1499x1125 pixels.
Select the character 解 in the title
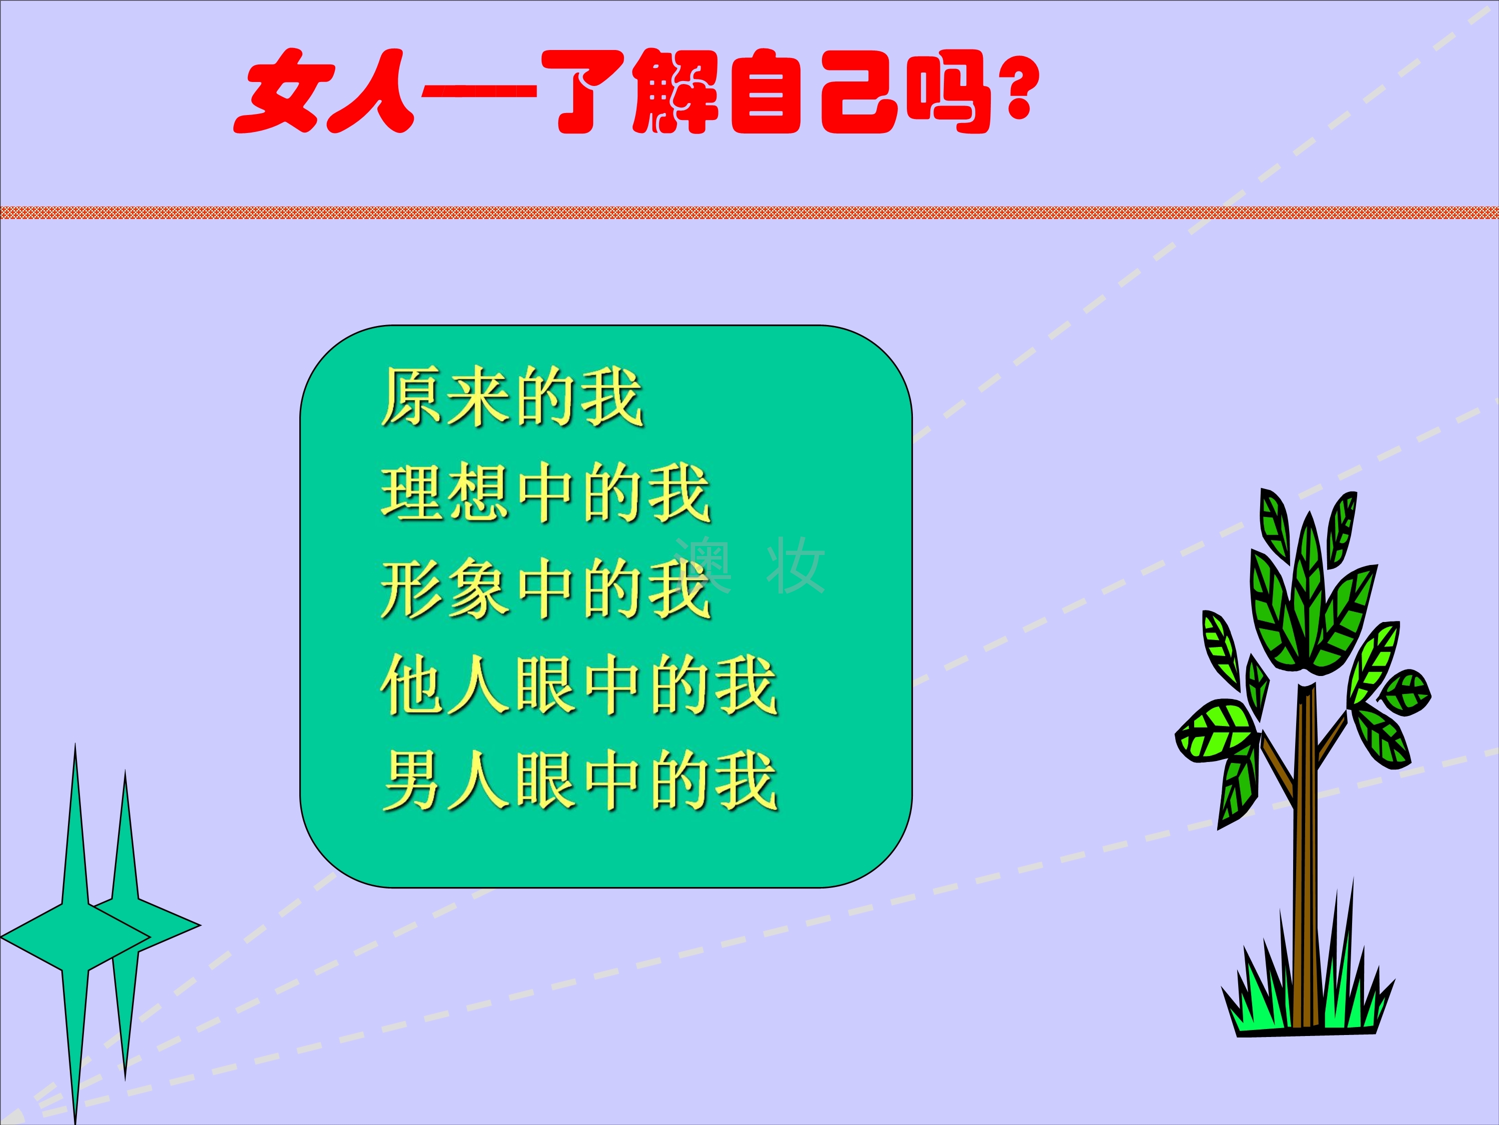coord(674,91)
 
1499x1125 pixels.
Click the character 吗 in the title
coord(946,91)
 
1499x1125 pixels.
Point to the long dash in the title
coord(479,92)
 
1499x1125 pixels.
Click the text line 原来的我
coord(512,397)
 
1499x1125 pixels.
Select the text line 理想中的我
coord(546,493)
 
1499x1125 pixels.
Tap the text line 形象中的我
coord(546,588)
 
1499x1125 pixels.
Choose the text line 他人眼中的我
coord(580,685)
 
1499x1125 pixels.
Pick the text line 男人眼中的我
coord(580,780)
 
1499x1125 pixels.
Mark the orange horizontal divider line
coord(749,212)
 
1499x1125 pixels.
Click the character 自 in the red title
coord(766,91)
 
